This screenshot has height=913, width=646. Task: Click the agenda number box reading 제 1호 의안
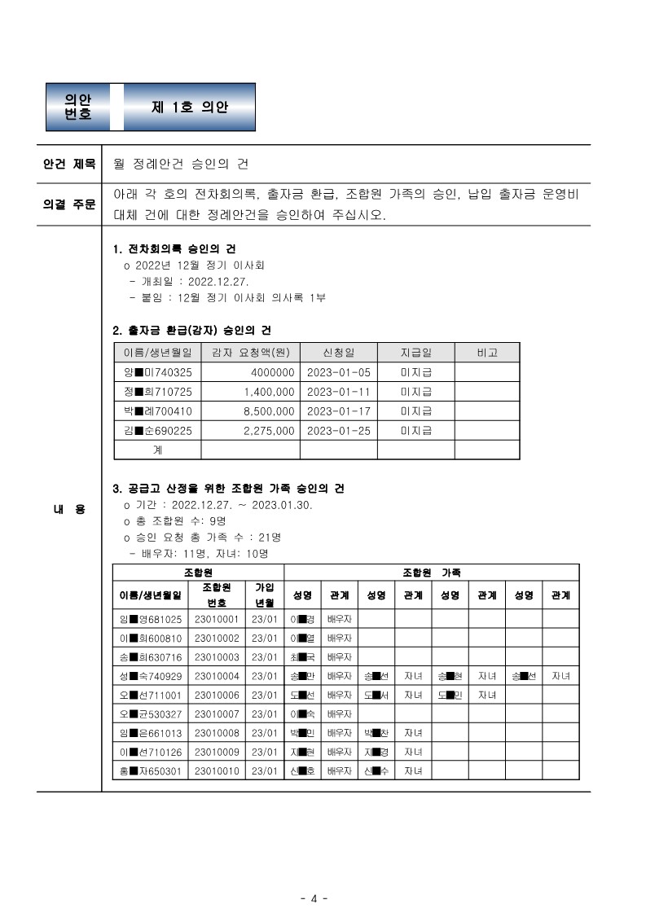(x=190, y=107)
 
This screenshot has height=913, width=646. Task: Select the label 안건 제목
(x=69, y=164)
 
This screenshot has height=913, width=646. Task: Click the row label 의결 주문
(x=69, y=204)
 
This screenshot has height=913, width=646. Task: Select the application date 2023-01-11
(x=338, y=392)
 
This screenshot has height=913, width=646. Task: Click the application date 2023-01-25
(x=338, y=431)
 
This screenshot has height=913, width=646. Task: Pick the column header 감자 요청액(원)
(x=250, y=353)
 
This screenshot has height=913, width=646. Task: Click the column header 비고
(x=486, y=353)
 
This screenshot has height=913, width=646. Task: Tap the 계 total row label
(x=157, y=450)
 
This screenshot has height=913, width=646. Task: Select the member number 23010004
(x=217, y=676)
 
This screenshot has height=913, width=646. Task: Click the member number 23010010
(x=217, y=770)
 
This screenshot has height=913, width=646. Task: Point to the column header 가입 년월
(x=264, y=595)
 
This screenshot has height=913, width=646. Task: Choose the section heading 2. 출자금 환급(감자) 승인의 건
(x=191, y=330)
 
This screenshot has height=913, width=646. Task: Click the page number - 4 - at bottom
(x=314, y=898)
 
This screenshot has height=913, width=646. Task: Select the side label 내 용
(x=69, y=509)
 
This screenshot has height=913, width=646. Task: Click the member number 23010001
(x=217, y=619)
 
